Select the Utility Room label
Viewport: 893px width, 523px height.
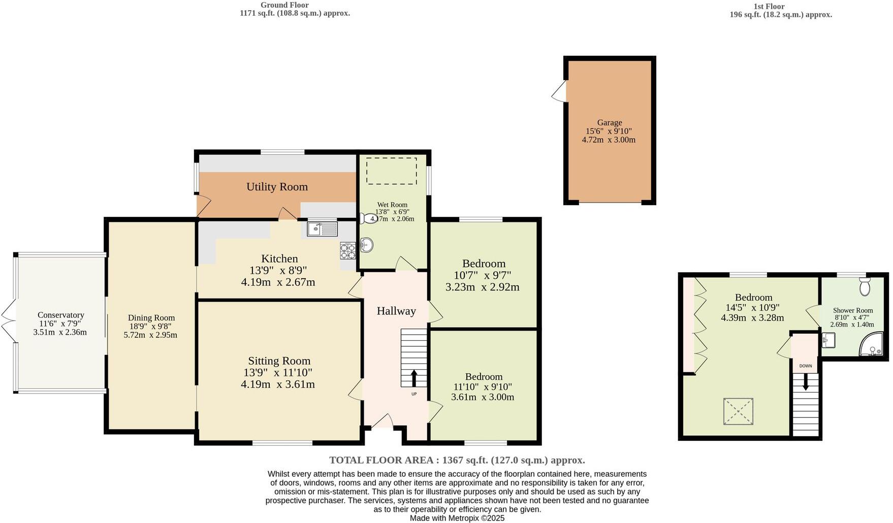click(x=277, y=187)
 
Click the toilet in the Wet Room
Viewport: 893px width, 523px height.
click(x=366, y=218)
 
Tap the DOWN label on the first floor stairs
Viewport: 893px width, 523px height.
click(x=806, y=366)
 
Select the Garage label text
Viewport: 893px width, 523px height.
click(x=609, y=122)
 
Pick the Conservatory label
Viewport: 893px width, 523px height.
click(x=60, y=315)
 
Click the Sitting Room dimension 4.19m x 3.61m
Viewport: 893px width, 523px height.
click(x=277, y=384)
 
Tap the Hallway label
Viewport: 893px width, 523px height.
click(x=396, y=311)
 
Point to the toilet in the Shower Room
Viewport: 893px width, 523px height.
click(x=865, y=287)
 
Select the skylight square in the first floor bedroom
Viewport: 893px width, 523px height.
click(x=738, y=411)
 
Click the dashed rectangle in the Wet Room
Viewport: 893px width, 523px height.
click(x=391, y=171)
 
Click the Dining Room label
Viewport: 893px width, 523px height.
click(x=151, y=318)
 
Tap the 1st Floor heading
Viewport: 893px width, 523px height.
click(x=769, y=7)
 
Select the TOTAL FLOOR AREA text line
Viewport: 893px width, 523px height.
click(x=457, y=460)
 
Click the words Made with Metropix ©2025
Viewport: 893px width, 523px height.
click(x=457, y=518)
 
